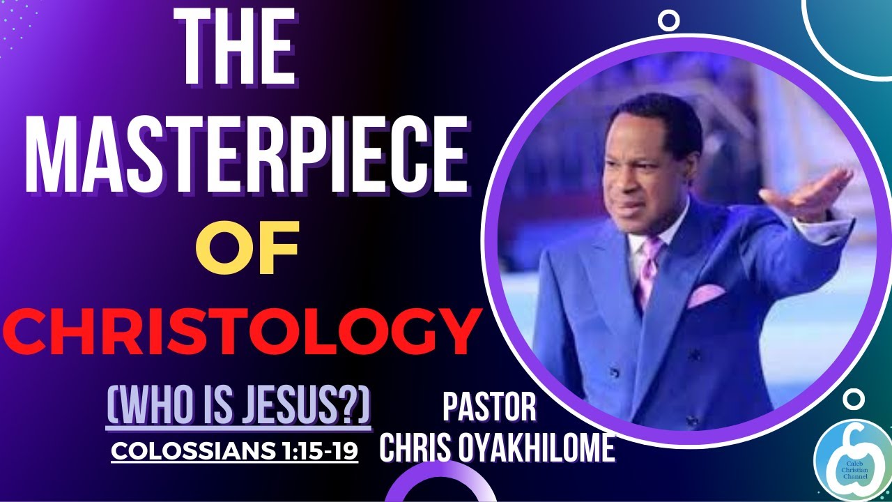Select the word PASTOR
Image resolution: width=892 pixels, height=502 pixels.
pos(489,409)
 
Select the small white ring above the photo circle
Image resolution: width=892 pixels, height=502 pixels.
pos(669,20)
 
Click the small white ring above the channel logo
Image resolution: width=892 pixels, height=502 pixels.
pos(854,399)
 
